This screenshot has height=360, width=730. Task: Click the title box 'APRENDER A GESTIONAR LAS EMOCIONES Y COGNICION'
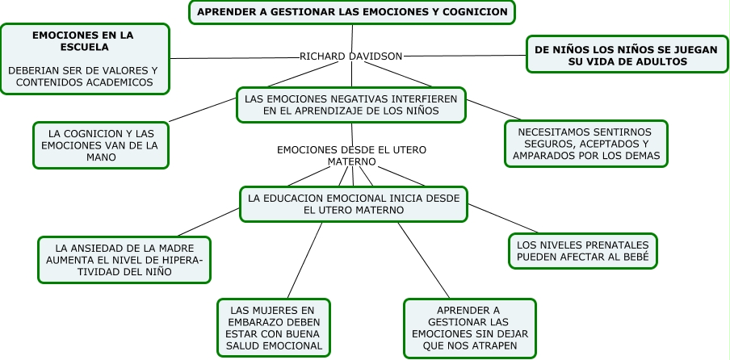[x=352, y=12]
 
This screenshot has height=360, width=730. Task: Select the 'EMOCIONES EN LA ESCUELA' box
[x=83, y=58]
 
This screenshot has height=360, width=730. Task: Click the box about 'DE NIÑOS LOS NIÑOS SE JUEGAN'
[x=626, y=55]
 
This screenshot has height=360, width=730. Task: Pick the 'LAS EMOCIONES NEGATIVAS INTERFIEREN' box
[x=351, y=105]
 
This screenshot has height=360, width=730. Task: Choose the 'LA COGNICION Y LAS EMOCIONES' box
[x=100, y=145]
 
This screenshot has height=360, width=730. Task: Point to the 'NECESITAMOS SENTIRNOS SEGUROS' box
[x=585, y=144]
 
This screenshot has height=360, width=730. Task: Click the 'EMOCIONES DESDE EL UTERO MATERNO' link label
[x=351, y=156]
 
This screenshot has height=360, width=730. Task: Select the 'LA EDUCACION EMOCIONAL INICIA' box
[x=353, y=203]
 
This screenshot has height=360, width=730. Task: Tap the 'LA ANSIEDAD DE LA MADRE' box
[x=124, y=260]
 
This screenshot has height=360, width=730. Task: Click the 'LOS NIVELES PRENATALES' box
[x=582, y=251]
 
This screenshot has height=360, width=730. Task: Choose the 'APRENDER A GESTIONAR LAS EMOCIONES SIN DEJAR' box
[x=469, y=328]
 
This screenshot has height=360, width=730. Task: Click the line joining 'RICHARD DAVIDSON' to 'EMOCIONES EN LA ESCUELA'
[x=234, y=57]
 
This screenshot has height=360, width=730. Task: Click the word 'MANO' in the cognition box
[x=100, y=157]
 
